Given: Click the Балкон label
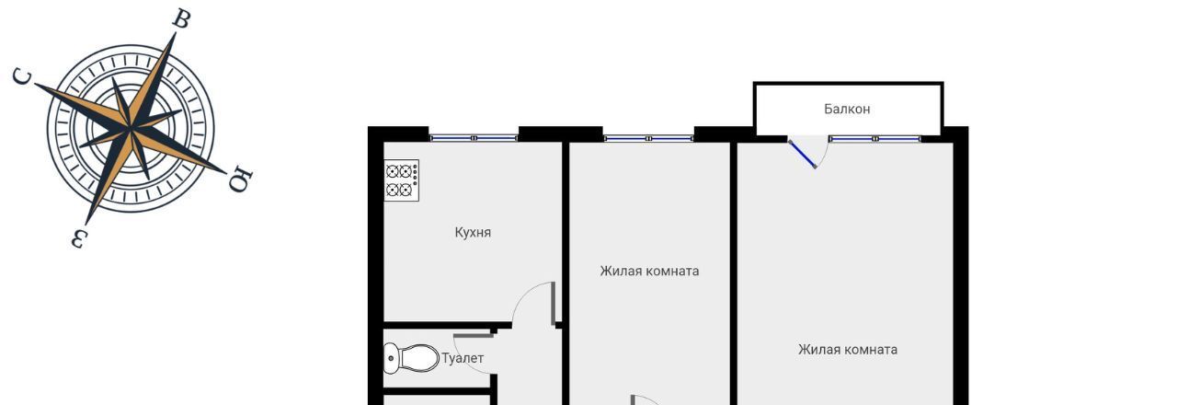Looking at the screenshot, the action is tap(847, 109).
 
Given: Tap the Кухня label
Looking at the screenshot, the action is tap(473, 233).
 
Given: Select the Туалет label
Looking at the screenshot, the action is tap(463, 358).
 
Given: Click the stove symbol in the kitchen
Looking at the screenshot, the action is tap(402, 180).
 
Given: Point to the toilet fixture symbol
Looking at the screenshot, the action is tap(411, 358).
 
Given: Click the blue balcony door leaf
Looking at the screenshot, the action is tap(803, 154).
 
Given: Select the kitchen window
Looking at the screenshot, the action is tap(474, 138).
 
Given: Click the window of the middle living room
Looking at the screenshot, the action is tap(648, 138).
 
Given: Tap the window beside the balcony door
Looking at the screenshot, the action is tap(874, 139).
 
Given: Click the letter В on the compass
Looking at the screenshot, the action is tap(182, 19).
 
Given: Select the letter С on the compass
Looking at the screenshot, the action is tap(23, 76).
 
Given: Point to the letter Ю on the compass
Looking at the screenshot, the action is tap(241, 179).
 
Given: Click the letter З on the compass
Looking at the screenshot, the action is tap(78, 238).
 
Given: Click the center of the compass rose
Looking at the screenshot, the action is tap(131, 128).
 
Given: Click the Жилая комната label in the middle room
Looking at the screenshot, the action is tap(649, 271).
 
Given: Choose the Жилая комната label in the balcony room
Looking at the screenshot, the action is tap(848, 349).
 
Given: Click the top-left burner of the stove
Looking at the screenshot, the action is tap(393, 171).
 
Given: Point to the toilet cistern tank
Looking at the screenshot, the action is tap(392, 358).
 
